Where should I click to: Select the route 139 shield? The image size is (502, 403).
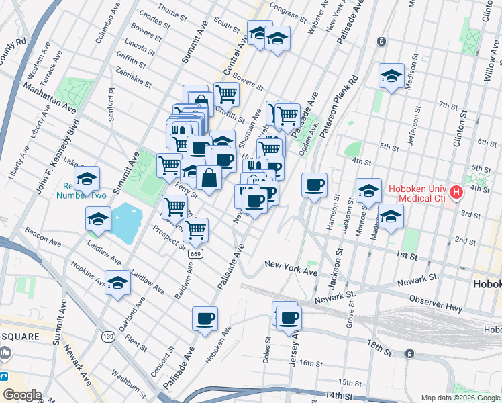coord(108,335)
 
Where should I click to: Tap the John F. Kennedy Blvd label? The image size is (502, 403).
coord(57,159)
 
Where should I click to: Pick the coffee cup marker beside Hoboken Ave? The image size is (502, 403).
coord(205,318)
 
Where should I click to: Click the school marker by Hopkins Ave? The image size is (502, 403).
coord(117,282)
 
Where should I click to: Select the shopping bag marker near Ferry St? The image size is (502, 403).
coord(209,179)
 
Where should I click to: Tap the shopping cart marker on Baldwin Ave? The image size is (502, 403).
coord(195,230)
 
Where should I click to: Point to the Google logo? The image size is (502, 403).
coord(22,395)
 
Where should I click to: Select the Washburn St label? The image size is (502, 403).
coord(123,382)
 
